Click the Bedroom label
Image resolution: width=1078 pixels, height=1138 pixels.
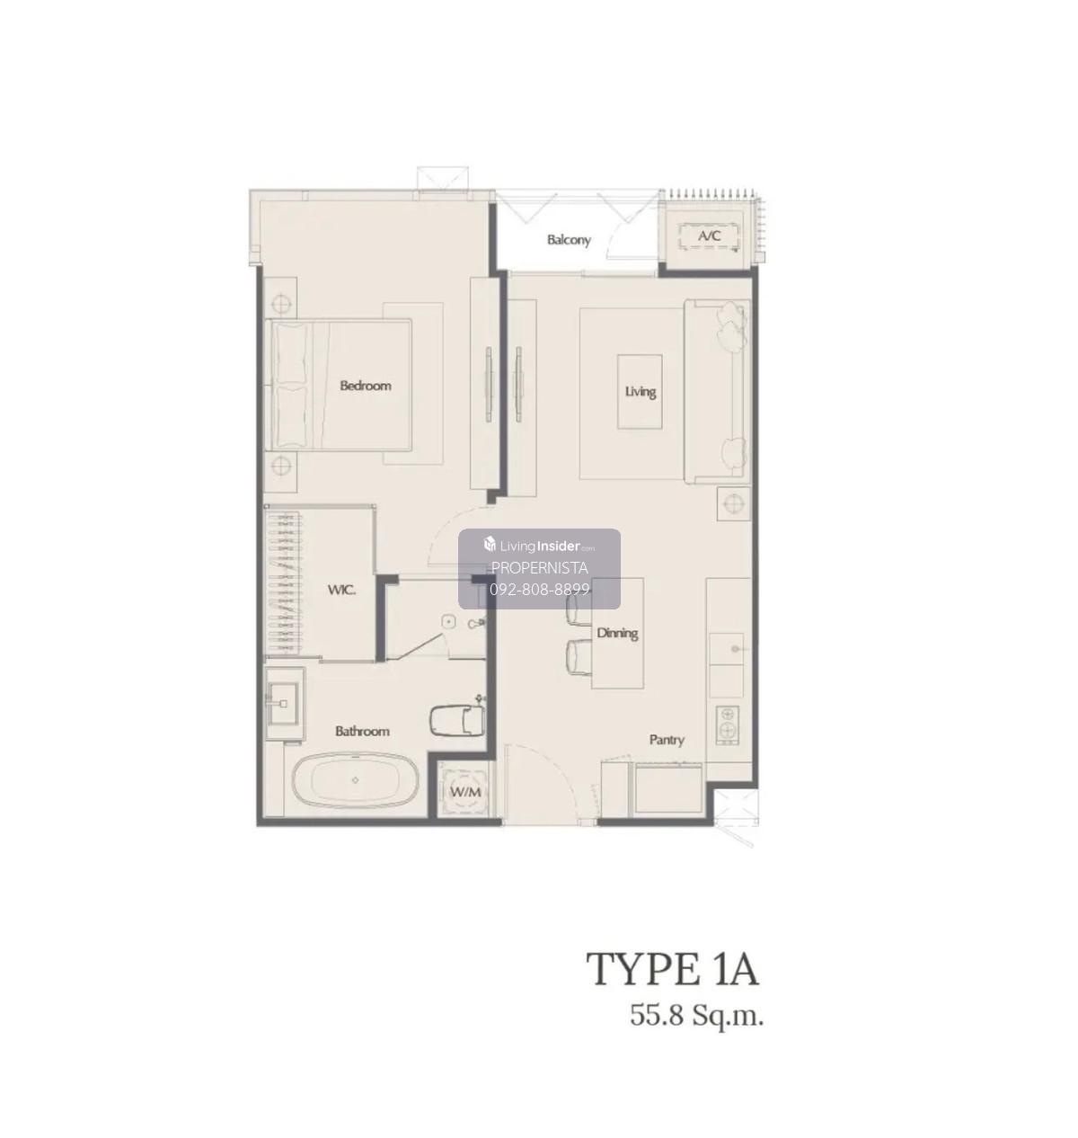pyautogui.click(x=365, y=386)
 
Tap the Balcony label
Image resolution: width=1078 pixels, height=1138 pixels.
pyautogui.click(x=569, y=240)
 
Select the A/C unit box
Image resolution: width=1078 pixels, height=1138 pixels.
pyautogui.click(x=710, y=236)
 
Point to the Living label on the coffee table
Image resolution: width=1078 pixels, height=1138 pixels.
pyautogui.click(x=640, y=391)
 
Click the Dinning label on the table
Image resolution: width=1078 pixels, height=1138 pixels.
pyautogui.click(x=617, y=633)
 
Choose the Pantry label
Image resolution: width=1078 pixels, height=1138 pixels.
pyautogui.click(x=667, y=739)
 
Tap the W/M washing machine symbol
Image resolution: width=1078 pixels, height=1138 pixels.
pyautogui.click(x=466, y=791)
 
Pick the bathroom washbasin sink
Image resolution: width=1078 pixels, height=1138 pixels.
pyautogui.click(x=283, y=703)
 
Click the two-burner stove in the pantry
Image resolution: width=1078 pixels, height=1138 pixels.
pyautogui.click(x=728, y=725)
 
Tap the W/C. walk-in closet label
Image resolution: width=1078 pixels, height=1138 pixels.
pyautogui.click(x=341, y=591)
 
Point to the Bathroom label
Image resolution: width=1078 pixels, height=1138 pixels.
pyautogui.click(x=362, y=731)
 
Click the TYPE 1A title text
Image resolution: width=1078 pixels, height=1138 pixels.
pyautogui.click(x=672, y=968)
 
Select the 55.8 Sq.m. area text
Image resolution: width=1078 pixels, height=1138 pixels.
pyautogui.click(x=697, y=1017)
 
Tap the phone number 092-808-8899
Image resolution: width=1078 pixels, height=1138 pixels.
pyautogui.click(x=539, y=590)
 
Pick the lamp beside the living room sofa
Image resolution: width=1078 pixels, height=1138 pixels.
pyautogui.click(x=734, y=503)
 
